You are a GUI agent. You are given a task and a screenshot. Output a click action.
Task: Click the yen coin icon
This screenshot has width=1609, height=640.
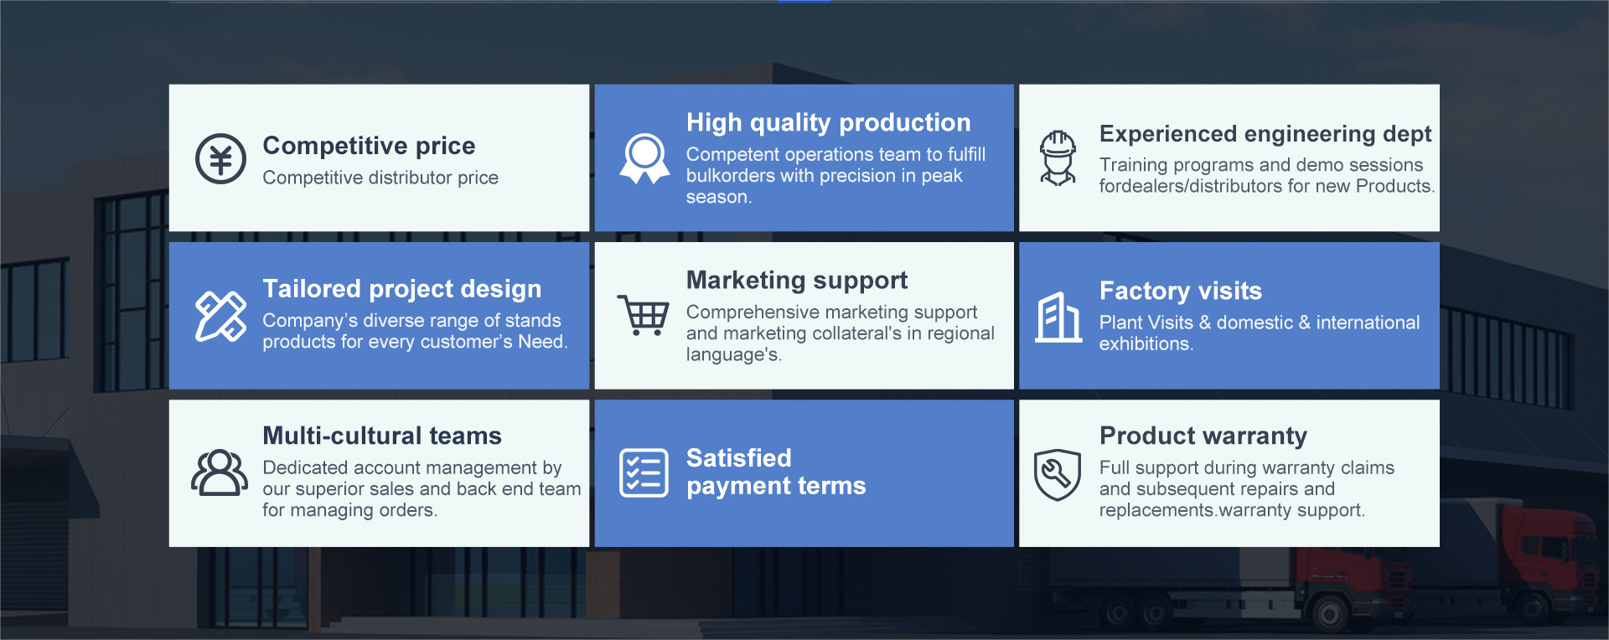point(220,158)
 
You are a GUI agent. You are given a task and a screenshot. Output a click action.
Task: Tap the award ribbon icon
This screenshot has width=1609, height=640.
point(644,158)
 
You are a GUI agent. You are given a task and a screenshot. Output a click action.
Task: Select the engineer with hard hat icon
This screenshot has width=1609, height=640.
point(1058,157)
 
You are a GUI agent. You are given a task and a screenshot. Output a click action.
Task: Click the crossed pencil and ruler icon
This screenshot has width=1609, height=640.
point(220,317)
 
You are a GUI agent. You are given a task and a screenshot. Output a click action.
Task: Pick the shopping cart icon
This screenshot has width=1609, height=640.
point(644,315)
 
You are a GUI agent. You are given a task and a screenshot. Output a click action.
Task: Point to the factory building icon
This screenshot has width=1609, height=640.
point(1058,317)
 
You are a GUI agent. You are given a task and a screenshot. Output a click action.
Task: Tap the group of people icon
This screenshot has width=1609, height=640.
point(220,472)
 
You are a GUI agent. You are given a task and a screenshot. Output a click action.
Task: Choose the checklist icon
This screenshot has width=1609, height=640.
point(644,473)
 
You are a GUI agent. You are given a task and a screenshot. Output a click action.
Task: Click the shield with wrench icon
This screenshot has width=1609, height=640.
point(1058,474)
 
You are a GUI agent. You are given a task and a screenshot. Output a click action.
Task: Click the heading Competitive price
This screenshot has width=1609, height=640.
point(369,146)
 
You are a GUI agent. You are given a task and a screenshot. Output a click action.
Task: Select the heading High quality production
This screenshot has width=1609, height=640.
point(828,122)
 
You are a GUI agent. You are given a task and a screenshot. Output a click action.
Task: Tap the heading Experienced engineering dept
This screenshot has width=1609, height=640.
point(1265,134)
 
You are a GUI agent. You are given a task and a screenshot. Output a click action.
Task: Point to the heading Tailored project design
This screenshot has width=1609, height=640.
point(401,289)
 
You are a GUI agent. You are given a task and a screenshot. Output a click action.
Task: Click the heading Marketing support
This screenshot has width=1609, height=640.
point(797,280)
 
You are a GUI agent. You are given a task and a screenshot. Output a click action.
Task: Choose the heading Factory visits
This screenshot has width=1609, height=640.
point(1180,291)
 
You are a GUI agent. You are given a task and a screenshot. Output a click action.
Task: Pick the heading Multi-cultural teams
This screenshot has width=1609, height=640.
point(381,436)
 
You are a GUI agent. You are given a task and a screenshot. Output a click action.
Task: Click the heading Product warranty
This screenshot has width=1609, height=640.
point(1203,436)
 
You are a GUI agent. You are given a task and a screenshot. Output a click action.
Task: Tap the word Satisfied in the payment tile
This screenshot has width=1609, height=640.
point(738,458)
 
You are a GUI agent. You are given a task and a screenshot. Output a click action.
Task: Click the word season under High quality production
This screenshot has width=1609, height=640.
point(717,198)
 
